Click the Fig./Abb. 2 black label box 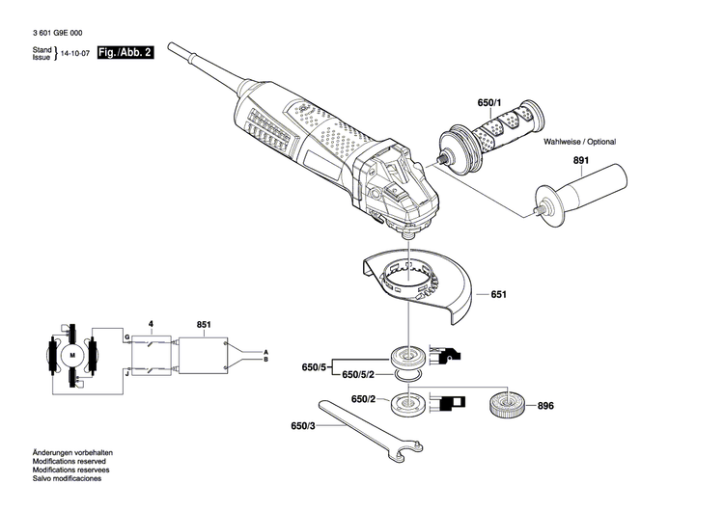[x=125, y=53]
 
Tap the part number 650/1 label [x=489, y=103]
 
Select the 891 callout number [x=581, y=160]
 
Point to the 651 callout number [x=499, y=294]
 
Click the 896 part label [x=545, y=406]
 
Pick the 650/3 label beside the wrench [x=303, y=426]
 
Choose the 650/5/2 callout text [x=358, y=375]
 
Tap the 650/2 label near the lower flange [x=363, y=399]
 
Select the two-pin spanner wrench [x=370, y=430]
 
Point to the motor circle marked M [x=72, y=355]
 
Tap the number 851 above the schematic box [x=204, y=325]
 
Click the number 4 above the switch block [x=151, y=324]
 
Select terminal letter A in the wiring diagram [x=265, y=351]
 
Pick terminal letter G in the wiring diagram [x=127, y=337]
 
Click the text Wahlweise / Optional [x=579, y=142]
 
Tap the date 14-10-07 [x=75, y=53]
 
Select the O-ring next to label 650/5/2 [x=408, y=376]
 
